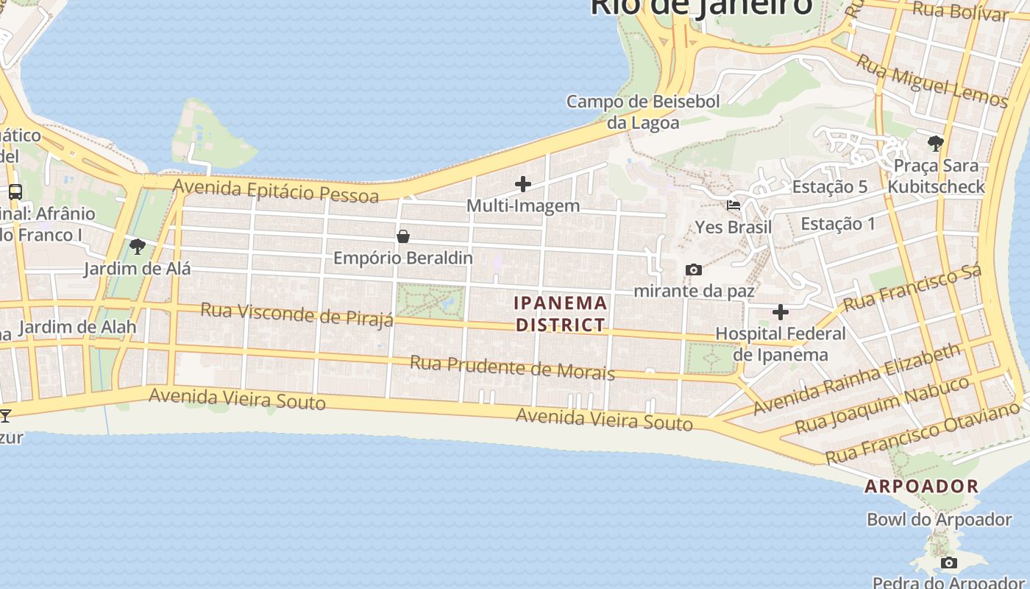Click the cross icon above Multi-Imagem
tap(523, 184)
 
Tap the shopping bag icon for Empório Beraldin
tap(403, 236)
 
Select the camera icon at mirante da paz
tap(693, 269)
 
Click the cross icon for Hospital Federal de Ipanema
tap(781, 312)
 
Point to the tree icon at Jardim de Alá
tap(137, 247)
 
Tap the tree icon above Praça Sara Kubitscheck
tap(936, 143)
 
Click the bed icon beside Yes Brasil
tap(734, 205)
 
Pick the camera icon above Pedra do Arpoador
tap(949, 563)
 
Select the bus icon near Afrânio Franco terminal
tap(15, 192)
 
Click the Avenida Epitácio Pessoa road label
tap(276, 191)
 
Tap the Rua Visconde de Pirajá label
tap(296, 314)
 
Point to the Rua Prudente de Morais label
tap(512, 367)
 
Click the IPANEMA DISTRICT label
tap(561, 314)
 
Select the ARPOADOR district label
tap(921, 486)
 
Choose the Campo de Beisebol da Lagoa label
tap(643, 112)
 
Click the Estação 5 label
tap(829, 187)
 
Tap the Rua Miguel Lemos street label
tap(931, 82)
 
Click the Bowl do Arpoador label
tap(939, 520)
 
